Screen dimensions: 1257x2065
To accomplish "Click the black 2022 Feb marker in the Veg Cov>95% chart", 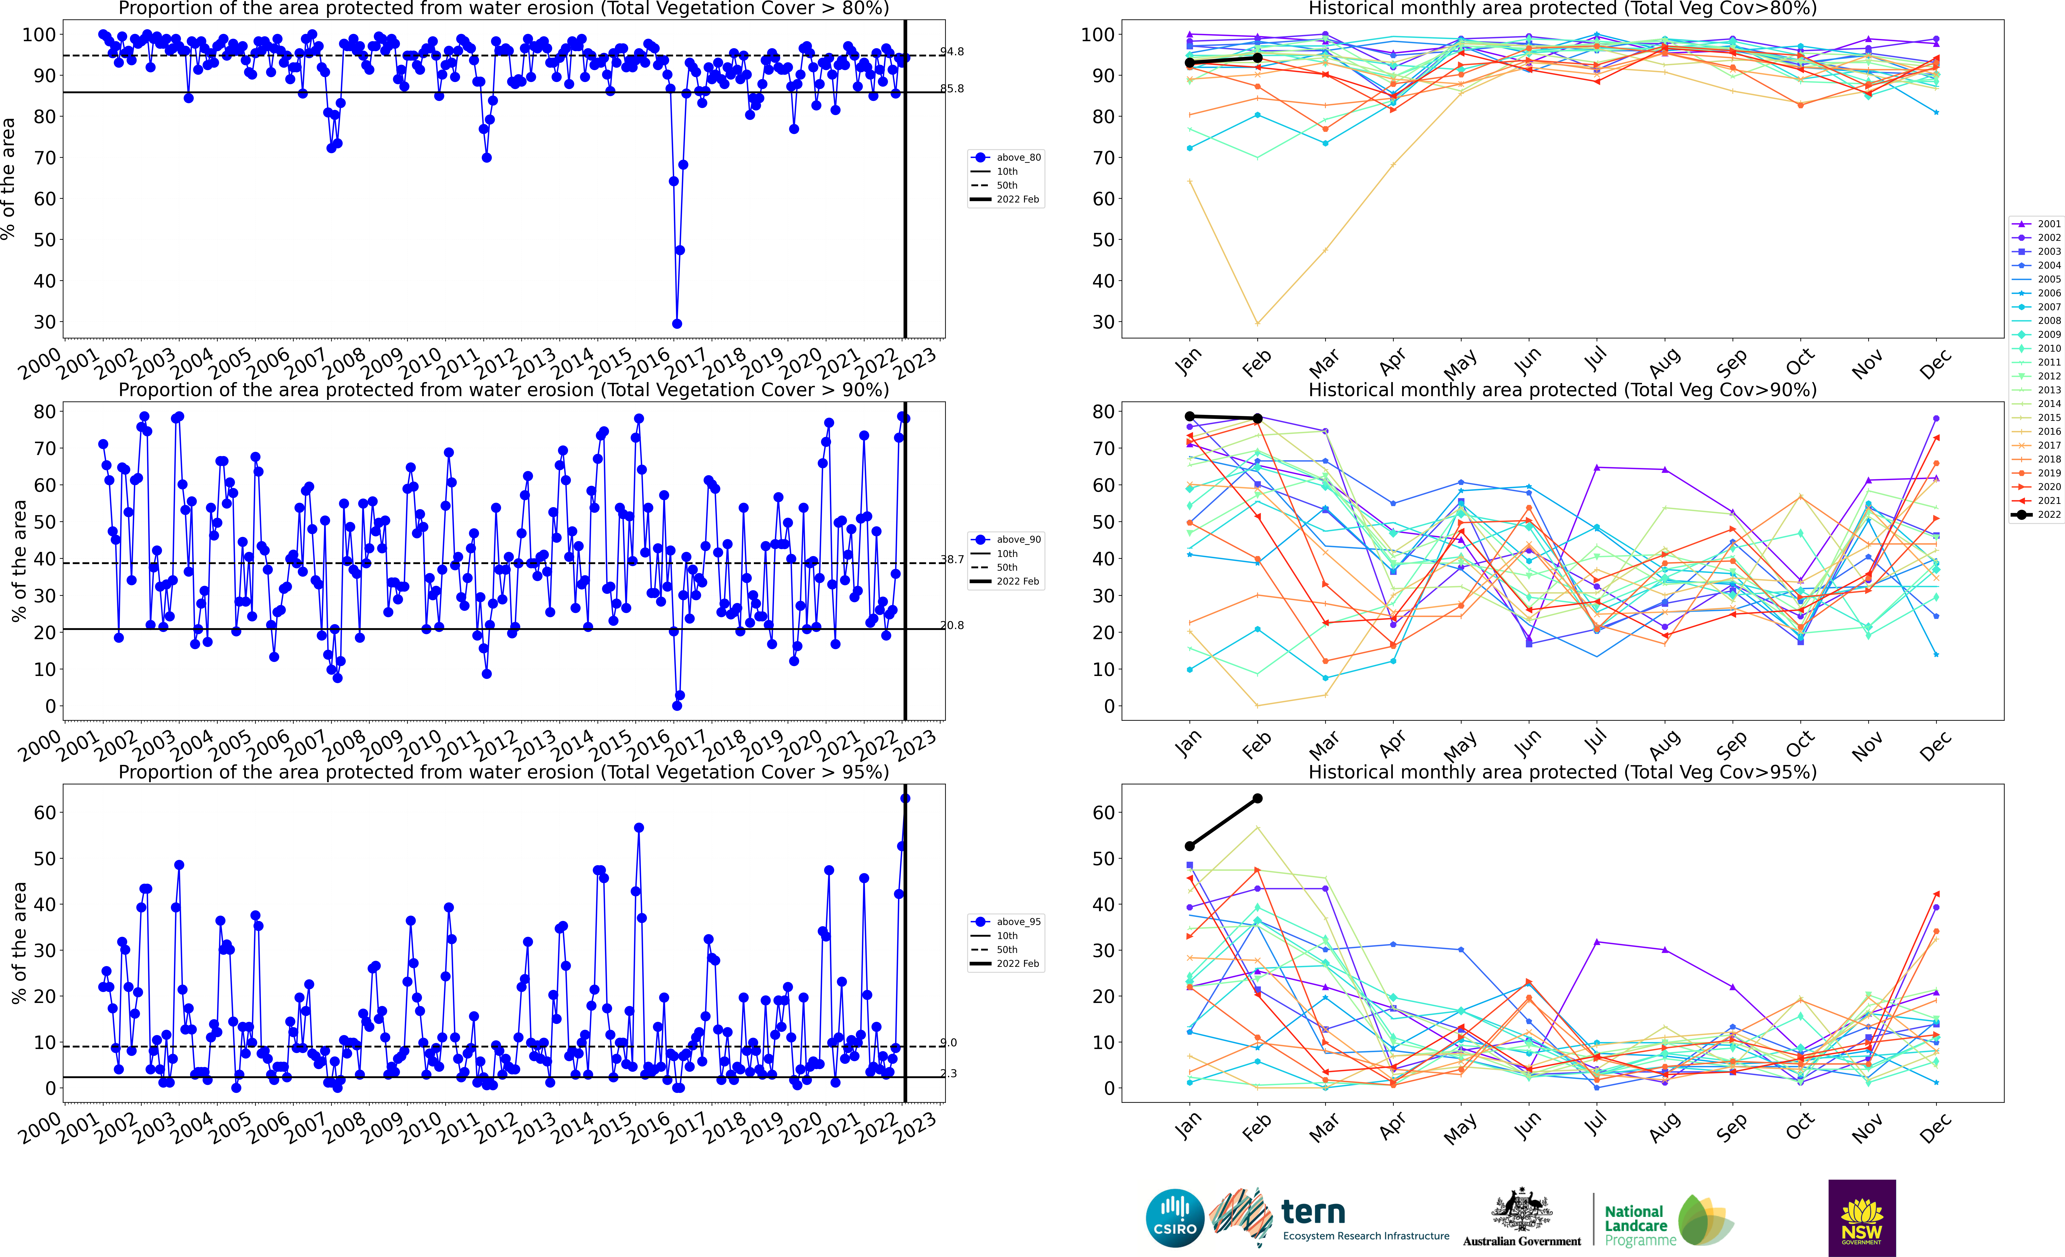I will click(1257, 799).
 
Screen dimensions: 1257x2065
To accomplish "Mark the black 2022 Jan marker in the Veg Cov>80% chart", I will click(1189, 63).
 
